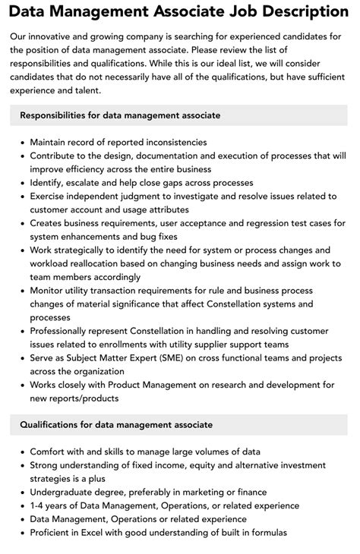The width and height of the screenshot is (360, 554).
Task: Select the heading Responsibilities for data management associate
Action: tap(120, 115)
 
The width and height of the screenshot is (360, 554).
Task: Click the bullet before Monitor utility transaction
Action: tap(21, 290)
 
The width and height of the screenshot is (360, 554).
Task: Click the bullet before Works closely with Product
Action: tap(21, 386)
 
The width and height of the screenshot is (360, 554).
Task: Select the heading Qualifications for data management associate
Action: tap(115, 425)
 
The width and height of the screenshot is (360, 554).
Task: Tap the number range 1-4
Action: tap(38, 505)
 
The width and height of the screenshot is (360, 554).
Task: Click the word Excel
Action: tap(99, 533)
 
